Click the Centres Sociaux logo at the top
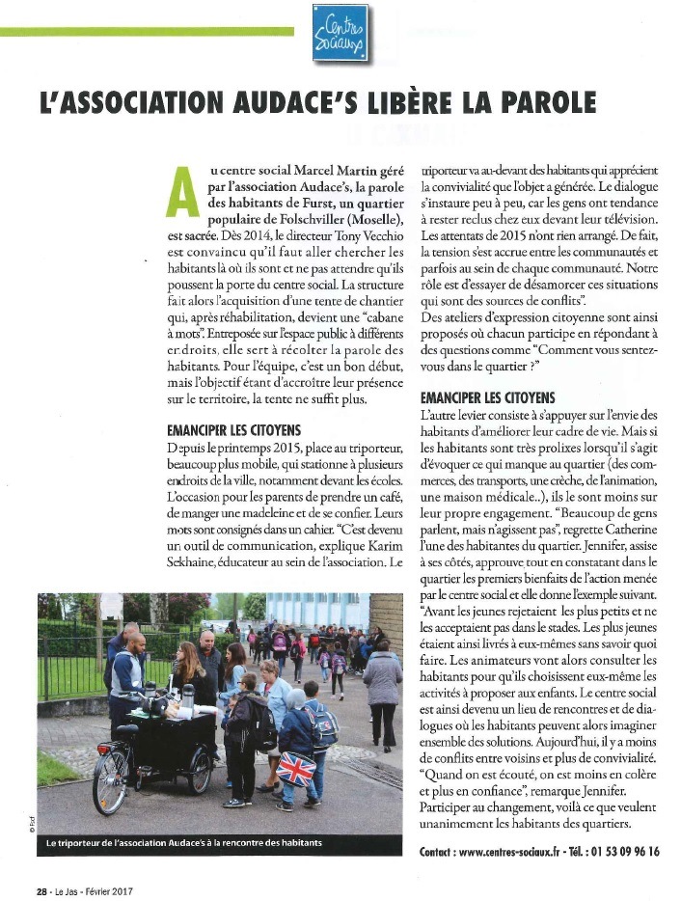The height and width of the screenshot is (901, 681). click(340, 34)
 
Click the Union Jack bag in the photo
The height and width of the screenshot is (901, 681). click(296, 769)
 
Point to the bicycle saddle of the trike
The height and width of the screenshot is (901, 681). click(125, 730)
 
